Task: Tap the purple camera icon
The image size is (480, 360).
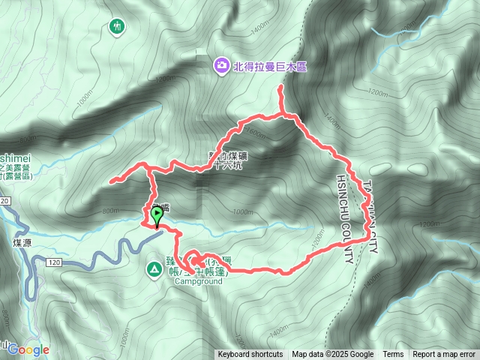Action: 222,66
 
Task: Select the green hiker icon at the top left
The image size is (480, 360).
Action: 115,27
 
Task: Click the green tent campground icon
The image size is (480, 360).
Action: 154,268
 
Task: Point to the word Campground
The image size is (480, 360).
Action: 199,282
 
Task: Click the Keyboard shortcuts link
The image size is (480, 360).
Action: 250,354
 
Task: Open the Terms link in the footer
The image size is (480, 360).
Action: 393,354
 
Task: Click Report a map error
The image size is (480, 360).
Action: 444,354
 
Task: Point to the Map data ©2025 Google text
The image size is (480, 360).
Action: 333,354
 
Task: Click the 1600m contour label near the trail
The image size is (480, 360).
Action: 255,133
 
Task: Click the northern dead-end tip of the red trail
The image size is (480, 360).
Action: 281,88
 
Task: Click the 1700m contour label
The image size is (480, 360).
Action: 430,223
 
